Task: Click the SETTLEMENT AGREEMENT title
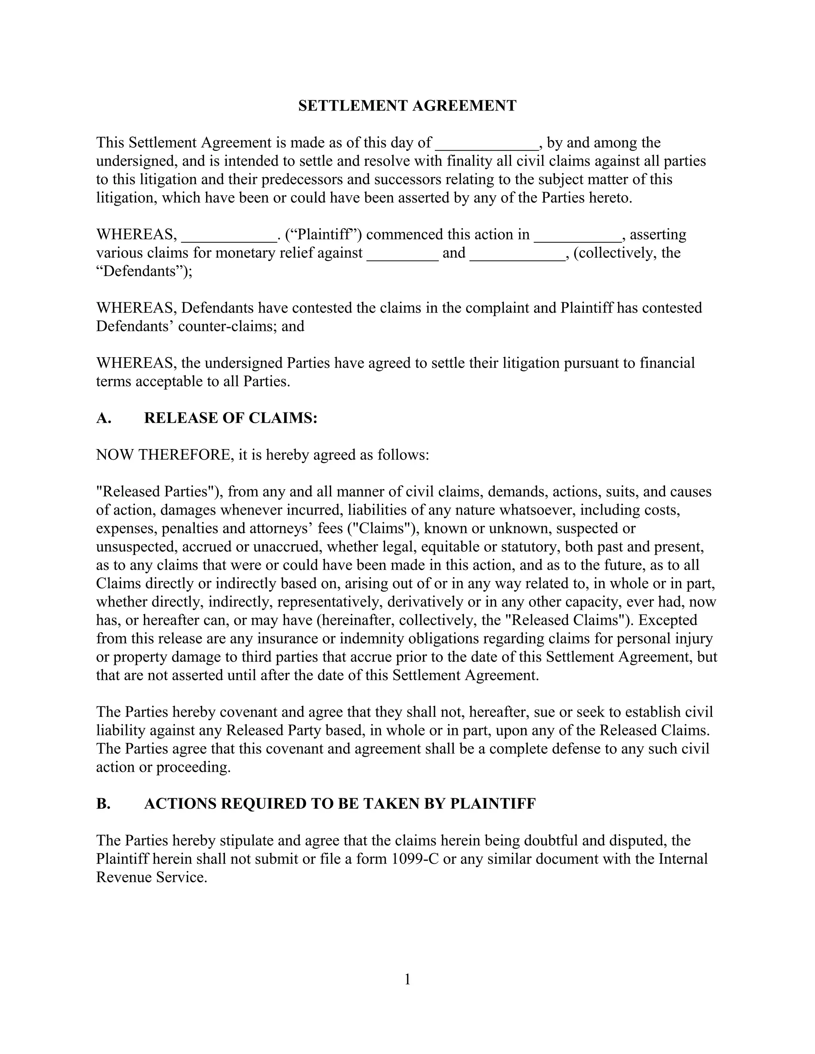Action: coord(407,106)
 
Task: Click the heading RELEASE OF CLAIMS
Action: coord(230,418)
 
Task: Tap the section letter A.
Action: coord(103,418)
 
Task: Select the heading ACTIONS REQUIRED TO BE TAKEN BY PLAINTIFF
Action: coord(340,803)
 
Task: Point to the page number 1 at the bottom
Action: coord(407,979)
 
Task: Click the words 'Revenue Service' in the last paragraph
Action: coord(151,877)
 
